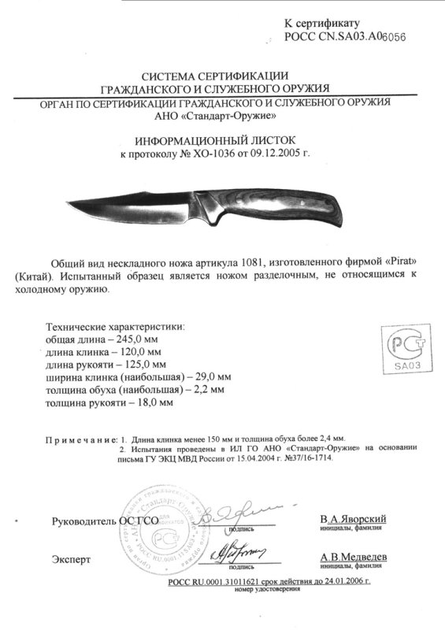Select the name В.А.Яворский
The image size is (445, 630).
[x=352, y=521]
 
